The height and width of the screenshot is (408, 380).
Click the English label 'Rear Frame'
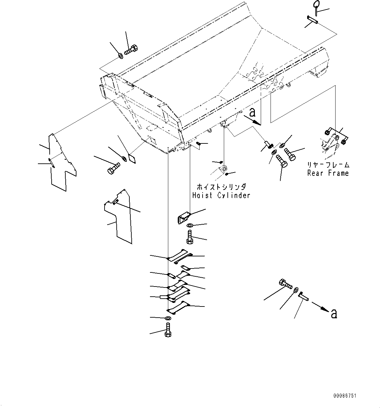point(328,173)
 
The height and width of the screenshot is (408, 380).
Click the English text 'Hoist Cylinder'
point(221,195)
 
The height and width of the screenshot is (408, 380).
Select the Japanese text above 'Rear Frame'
point(328,165)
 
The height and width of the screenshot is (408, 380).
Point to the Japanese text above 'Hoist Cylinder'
point(221,187)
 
